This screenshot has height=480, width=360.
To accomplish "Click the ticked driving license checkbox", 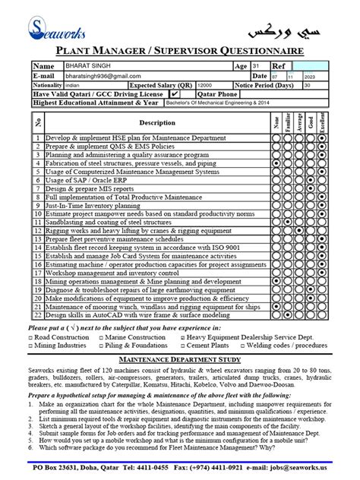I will pyautogui.click(x=175, y=95).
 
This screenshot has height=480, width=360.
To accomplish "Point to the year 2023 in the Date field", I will pyautogui.click(x=308, y=77).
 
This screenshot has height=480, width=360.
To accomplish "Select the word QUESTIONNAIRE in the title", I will pyautogui.click(x=252, y=51).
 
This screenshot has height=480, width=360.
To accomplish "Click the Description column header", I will pyautogui.click(x=157, y=122).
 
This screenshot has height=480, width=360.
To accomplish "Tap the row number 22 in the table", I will pyautogui.click(x=36, y=314).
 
